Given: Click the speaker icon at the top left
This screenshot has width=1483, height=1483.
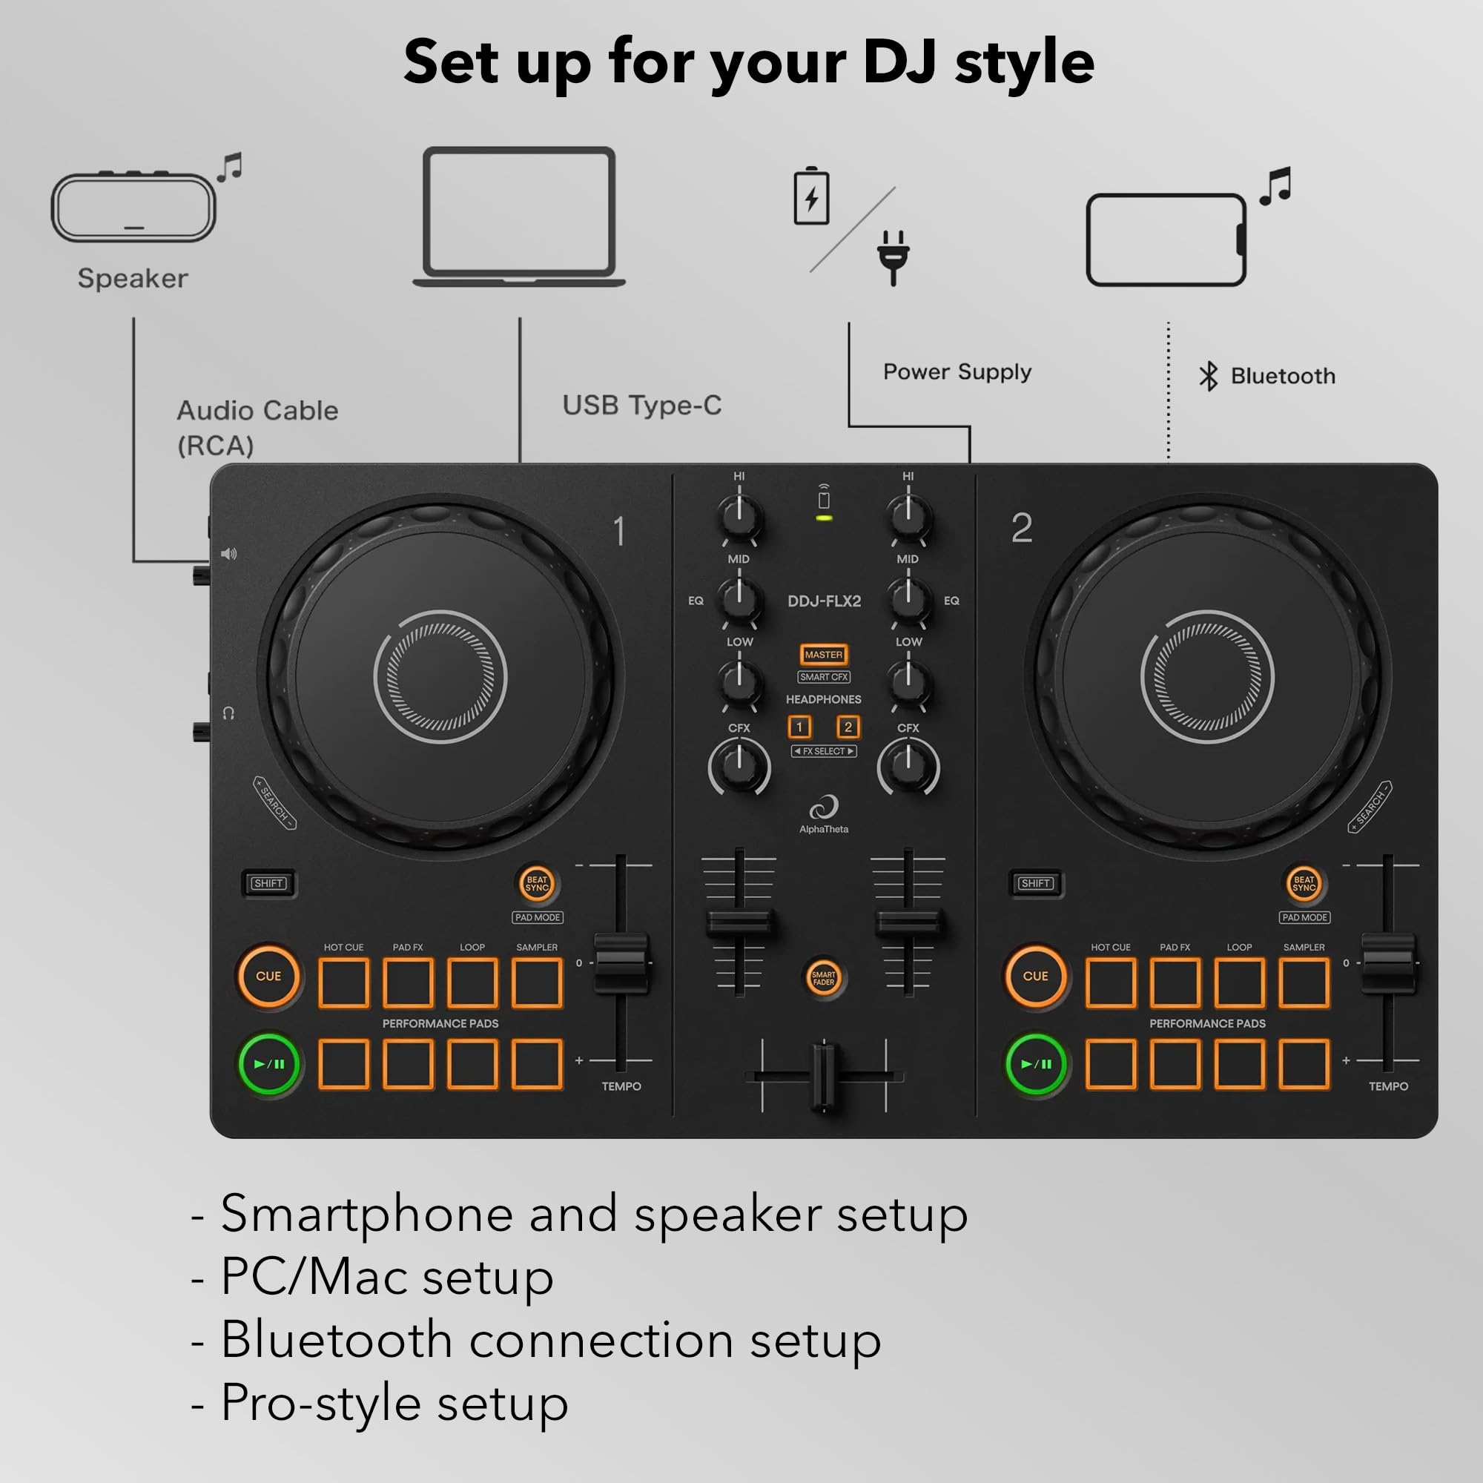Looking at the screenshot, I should click(133, 208).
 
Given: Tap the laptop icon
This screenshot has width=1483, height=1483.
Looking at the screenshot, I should click(520, 216).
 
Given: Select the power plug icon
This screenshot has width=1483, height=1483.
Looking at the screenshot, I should click(893, 257).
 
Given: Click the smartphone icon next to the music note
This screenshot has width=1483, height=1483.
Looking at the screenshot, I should click(1166, 240).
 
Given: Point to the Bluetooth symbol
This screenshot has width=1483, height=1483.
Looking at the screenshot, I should click(1208, 376).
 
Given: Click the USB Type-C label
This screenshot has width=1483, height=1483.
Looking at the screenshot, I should click(641, 406).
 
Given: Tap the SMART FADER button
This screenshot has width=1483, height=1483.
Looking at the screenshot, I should click(824, 978).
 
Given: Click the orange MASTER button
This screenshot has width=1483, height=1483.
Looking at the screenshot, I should click(824, 655).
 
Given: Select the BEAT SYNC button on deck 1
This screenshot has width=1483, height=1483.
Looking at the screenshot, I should click(537, 884).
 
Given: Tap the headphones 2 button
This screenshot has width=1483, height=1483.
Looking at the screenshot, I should click(848, 727).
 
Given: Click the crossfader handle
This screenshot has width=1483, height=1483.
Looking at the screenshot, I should click(824, 1076).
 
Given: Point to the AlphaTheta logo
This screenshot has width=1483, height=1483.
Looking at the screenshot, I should click(824, 813).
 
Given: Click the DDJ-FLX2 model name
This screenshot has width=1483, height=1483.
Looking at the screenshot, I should click(824, 601).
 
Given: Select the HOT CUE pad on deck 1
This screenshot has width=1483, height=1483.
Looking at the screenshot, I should click(343, 982).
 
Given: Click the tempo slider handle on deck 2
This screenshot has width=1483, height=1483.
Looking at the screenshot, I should click(1388, 962).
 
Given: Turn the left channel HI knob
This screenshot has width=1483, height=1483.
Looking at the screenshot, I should click(739, 517).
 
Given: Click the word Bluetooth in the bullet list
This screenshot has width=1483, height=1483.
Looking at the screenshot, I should click(336, 1340).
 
